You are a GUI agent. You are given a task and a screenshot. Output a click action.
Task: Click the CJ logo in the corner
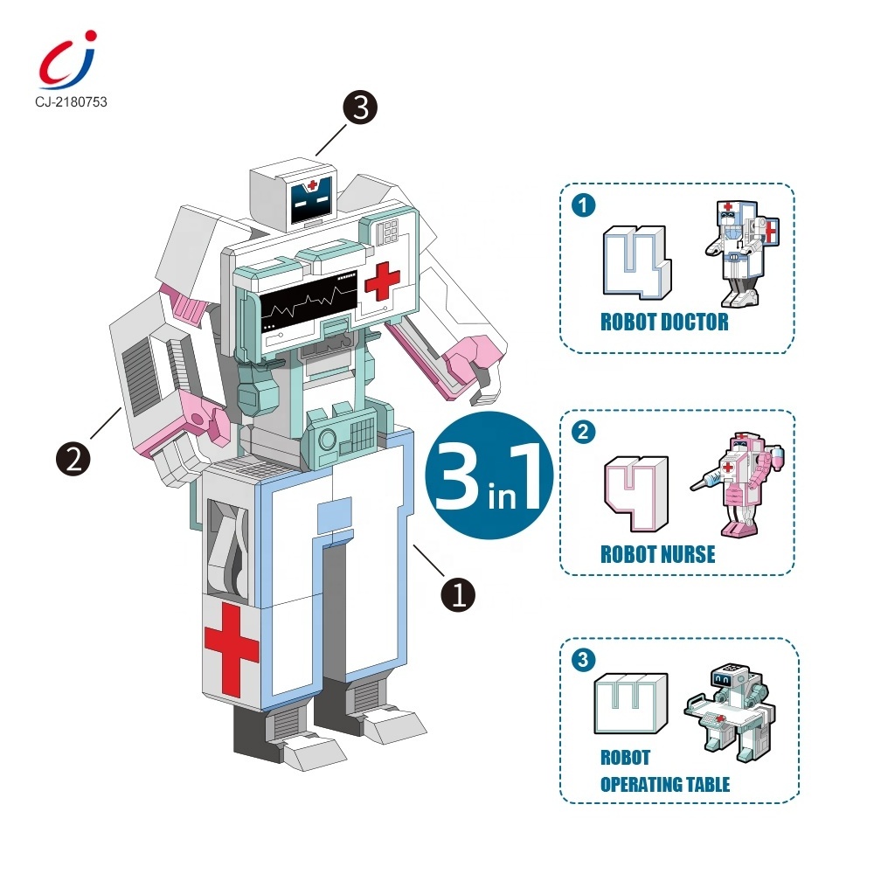pyautogui.click(x=67, y=59)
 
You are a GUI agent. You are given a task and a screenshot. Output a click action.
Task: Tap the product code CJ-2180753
pyautogui.click(x=71, y=102)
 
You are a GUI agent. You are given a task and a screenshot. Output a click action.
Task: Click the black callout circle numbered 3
pyautogui.click(x=360, y=107)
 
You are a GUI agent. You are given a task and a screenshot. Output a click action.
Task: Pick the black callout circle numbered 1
pyautogui.click(x=458, y=594)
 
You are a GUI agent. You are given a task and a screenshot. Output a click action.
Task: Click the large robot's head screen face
pyautogui.click(x=311, y=199)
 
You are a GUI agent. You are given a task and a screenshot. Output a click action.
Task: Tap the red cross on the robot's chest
pyautogui.click(x=383, y=281)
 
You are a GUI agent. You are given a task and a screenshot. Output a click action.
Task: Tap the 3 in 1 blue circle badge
pyautogui.click(x=489, y=475)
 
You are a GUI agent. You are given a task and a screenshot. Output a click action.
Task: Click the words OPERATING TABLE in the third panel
pyautogui.click(x=665, y=784)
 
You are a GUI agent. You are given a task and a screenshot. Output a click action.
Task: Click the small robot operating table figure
pyautogui.click(x=730, y=713)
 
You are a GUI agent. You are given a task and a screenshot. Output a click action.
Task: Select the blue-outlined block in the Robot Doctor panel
pyautogui.click(x=637, y=262)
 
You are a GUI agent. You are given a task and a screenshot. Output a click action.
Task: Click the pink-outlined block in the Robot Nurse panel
pyautogui.click(x=636, y=493)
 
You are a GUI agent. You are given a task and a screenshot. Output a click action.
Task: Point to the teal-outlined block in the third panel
pyautogui.click(x=630, y=704)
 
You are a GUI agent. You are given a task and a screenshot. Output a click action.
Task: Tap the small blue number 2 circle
pyautogui.click(x=584, y=432)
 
